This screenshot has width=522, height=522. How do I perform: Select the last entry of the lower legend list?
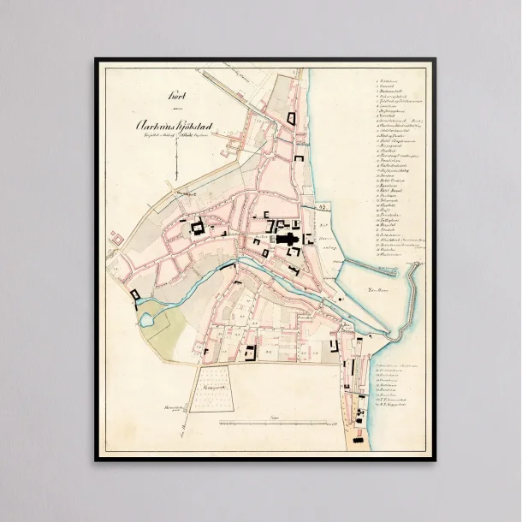point(394,404)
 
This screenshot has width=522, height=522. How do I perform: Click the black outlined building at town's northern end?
point(293,119)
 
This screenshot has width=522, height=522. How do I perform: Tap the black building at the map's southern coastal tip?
point(360,418)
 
